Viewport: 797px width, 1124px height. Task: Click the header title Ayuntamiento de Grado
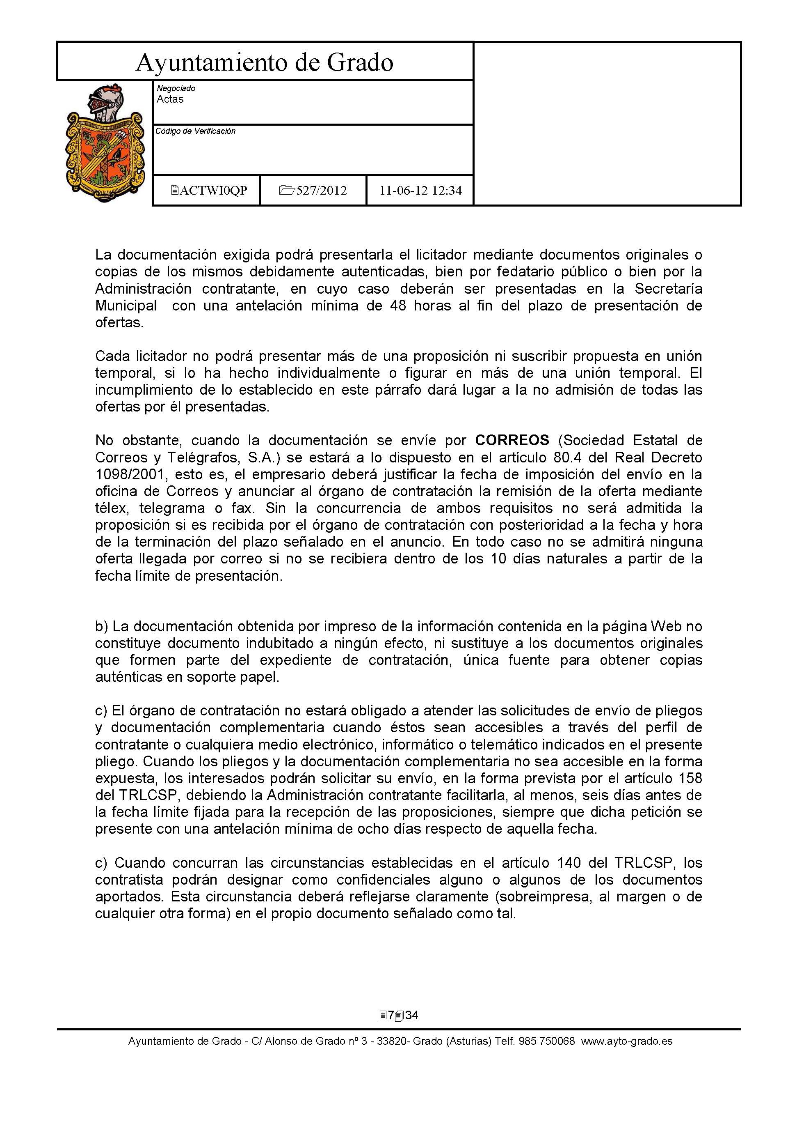tap(265, 63)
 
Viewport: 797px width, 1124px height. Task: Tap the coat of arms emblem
tap(105, 143)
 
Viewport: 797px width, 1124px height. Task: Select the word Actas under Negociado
tap(170, 99)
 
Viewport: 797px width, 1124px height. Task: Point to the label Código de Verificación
tap(195, 131)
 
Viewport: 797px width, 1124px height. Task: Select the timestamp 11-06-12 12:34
tap(420, 191)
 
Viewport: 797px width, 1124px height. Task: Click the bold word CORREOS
tap(512, 440)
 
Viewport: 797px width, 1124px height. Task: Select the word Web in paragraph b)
tap(665, 626)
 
